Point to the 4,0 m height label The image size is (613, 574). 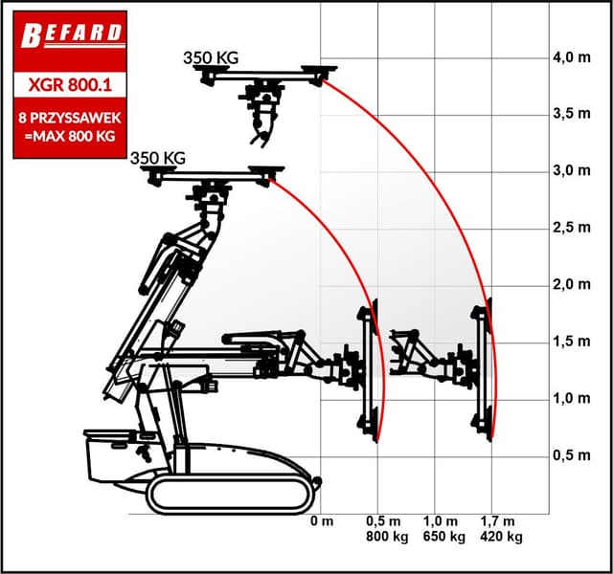572,57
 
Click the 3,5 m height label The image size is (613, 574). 572,114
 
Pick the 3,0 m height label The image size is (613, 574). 572,171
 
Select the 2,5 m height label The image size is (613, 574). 572,228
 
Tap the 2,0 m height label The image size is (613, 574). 572,285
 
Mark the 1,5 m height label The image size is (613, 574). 572,342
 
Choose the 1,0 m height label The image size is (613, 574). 572,399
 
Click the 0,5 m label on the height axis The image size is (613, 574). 572,455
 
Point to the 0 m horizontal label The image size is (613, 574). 322,521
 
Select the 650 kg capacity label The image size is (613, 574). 443,538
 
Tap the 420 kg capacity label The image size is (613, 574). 501,538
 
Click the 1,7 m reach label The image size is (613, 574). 501,521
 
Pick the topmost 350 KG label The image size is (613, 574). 211,57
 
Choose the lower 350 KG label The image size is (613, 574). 157,157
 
